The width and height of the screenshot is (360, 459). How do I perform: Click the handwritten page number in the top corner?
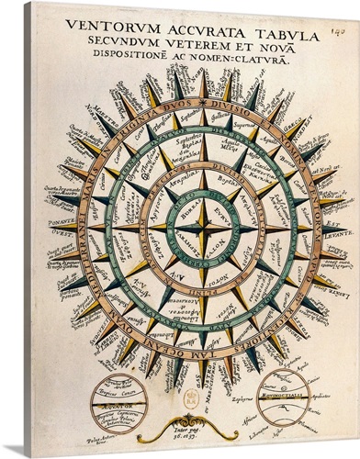pyautogui.click(x=341, y=10)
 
